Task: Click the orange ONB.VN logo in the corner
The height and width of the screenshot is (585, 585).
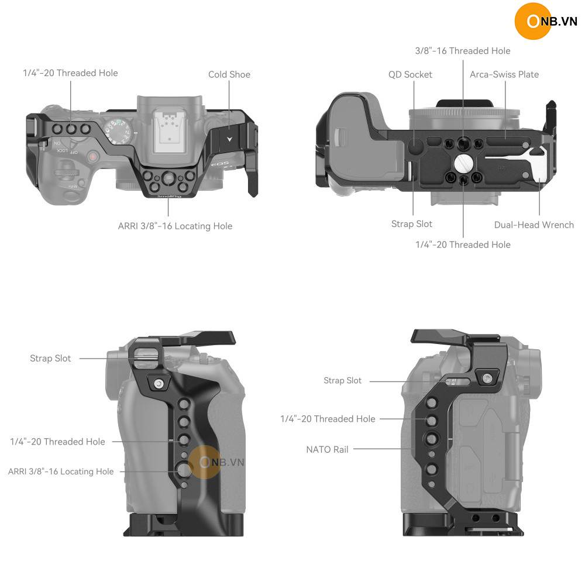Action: tap(546, 21)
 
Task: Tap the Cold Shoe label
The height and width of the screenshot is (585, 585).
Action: tap(229, 75)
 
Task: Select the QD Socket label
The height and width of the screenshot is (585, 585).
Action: tap(410, 75)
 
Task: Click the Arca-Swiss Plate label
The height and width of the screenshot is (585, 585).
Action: tap(504, 75)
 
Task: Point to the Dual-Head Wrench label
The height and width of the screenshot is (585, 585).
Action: tap(534, 225)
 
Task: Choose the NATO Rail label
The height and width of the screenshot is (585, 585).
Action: tap(327, 449)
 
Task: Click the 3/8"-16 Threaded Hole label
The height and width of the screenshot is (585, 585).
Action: tap(463, 51)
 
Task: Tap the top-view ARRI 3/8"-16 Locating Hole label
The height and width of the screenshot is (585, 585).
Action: tap(175, 226)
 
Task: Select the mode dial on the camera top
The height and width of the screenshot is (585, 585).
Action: tap(118, 132)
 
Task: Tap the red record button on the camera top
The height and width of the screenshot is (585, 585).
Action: tap(92, 157)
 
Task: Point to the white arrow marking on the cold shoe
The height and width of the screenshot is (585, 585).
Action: tap(229, 139)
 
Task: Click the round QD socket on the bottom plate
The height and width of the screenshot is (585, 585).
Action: tap(415, 144)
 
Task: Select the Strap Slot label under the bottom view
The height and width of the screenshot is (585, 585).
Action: tap(411, 224)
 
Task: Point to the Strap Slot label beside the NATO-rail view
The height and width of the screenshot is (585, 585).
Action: tap(342, 381)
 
